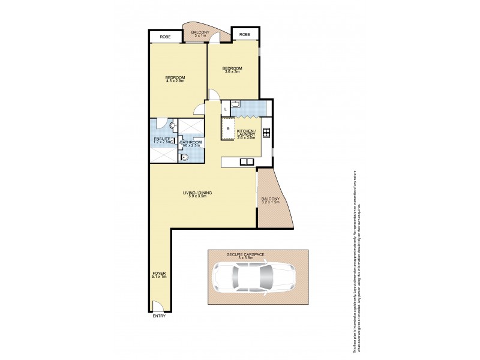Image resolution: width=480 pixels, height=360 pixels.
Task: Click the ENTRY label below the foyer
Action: coord(159,316)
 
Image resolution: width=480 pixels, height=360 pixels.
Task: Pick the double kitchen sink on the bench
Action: coord(246,161)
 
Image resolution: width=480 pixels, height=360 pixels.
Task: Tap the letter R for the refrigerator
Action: coord(229,128)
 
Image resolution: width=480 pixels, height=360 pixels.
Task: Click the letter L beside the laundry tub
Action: coord(226,109)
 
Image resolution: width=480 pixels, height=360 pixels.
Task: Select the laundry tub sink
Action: coord(236,106)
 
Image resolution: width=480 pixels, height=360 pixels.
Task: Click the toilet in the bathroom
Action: coord(185,157)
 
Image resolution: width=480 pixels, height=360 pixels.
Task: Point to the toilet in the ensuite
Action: coord(173,126)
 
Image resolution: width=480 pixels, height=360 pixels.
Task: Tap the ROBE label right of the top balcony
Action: coord(244,35)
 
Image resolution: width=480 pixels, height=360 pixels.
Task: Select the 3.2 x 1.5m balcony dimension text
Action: coord(271,202)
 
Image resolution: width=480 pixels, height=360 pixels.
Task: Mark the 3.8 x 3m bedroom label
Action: coord(232,70)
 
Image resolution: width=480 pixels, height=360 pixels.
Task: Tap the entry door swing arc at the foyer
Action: coord(156,306)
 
